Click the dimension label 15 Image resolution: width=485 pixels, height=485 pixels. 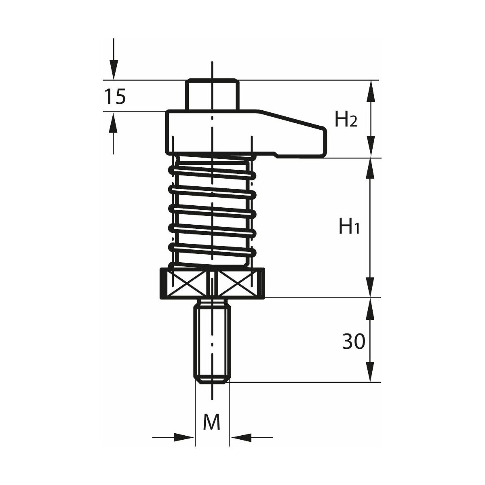(x=115, y=97)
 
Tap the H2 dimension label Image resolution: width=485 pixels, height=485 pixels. (x=346, y=119)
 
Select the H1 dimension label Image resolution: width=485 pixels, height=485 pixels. (x=349, y=226)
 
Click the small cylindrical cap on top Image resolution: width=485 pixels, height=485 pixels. (x=212, y=95)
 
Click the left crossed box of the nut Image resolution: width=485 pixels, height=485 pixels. (x=190, y=284)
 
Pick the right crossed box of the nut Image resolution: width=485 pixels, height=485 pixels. (x=234, y=284)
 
